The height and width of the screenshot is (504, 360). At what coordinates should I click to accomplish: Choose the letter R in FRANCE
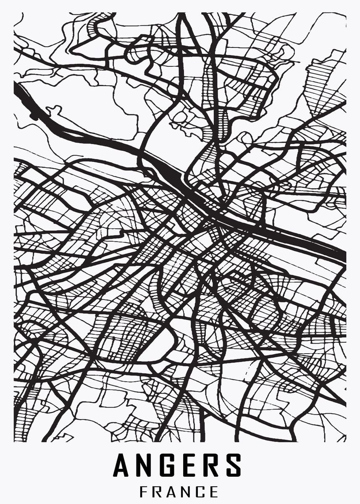158,491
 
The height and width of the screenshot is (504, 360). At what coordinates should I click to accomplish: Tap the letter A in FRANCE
173,491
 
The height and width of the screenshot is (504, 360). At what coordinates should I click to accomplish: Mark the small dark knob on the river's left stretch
34,114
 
